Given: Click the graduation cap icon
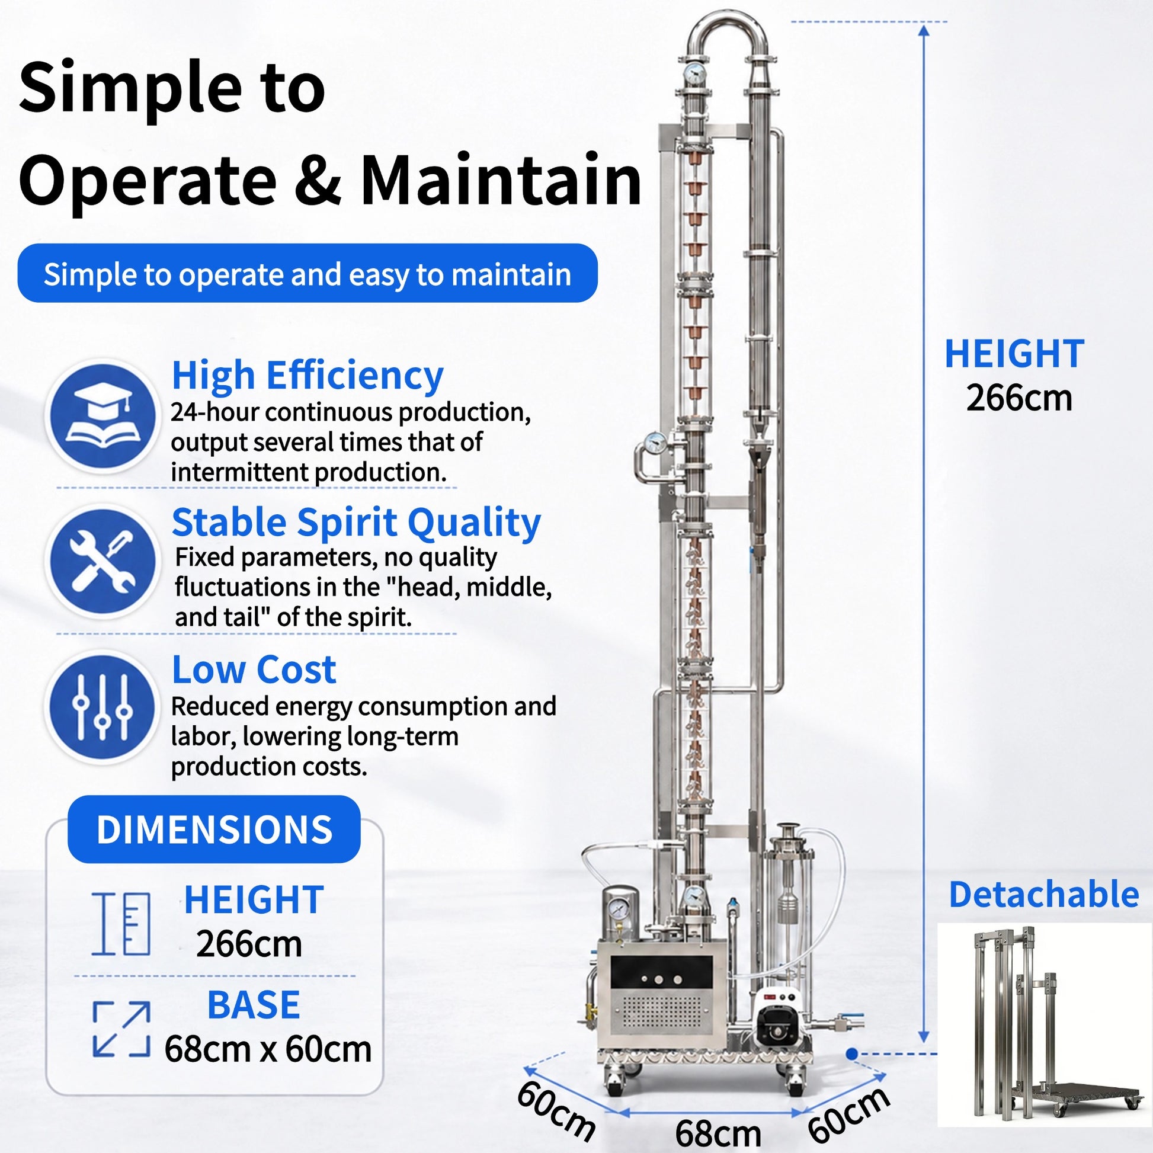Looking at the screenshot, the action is (x=103, y=416).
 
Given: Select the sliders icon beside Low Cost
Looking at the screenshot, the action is (x=103, y=707).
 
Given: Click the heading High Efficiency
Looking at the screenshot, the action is (x=308, y=376).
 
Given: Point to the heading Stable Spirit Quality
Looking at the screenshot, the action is (x=356, y=523).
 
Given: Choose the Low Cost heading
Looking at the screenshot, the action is (x=254, y=669).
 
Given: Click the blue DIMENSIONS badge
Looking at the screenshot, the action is (x=214, y=829).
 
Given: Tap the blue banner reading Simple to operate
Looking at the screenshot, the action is (x=308, y=273).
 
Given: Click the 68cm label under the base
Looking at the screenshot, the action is (x=718, y=1133).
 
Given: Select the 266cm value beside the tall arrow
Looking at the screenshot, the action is (x=1019, y=398).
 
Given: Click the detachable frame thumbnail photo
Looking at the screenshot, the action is (x=1044, y=1024).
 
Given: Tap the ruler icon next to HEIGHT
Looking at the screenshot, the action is (x=121, y=924).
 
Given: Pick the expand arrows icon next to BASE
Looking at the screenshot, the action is (x=121, y=1030).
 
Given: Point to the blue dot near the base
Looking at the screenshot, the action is (x=851, y=1054).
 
